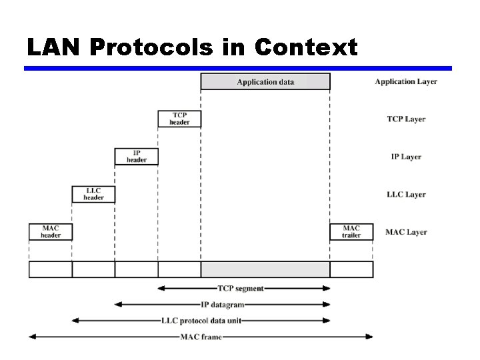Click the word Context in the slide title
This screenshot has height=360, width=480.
(306, 47)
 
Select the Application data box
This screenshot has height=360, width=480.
(265, 81)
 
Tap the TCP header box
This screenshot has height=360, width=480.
(179, 119)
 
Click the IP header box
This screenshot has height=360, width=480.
(137, 156)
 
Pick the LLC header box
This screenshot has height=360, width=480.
(93, 194)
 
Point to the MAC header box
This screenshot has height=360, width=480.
(51, 231)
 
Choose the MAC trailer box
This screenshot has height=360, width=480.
(351, 231)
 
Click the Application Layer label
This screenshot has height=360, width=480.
(406, 81)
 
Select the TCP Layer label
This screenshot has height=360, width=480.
(406, 119)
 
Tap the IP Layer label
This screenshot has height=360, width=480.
(406, 157)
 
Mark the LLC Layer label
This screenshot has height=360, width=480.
(406, 195)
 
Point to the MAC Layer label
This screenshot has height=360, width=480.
(406, 232)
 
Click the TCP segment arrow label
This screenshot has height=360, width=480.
(241, 288)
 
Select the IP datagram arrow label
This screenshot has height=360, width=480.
(223, 304)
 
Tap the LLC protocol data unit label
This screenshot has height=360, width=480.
(201, 320)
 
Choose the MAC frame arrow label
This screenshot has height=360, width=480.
(201, 337)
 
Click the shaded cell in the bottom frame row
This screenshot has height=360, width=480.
(265, 269)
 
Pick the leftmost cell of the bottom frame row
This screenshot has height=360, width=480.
(51, 269)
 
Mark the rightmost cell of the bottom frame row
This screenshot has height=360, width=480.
(351, 269)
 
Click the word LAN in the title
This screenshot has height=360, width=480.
(53, 47)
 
